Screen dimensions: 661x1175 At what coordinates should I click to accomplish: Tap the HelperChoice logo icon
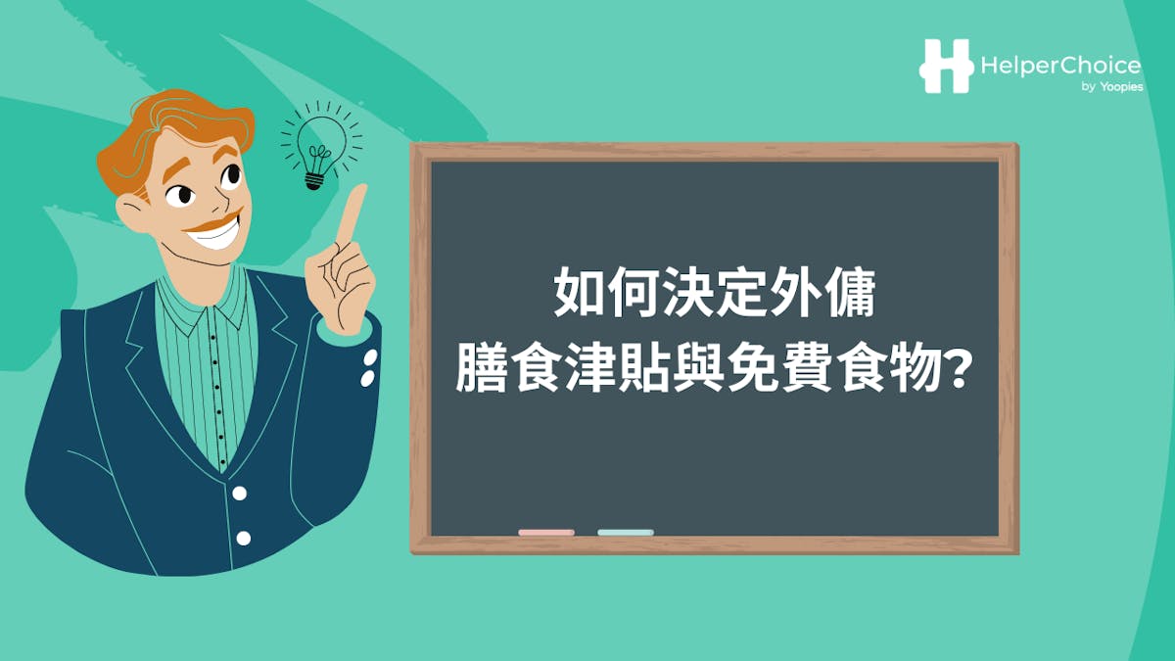pyautogui.click(x=946, y=66)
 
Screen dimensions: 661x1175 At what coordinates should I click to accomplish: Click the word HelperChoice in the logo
pyautogui.click(x=1059, y=66)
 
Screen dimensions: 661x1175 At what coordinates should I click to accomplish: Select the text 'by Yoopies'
pyautogui.click(x=1110, y=88)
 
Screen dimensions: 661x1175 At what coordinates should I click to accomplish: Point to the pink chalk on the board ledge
pyautogui.click(x=546, y=533)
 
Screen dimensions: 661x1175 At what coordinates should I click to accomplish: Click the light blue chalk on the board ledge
pyautogui.click(x=625, y=533)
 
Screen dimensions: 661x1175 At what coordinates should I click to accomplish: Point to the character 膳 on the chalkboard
pyautogui.click(x=479, y=373)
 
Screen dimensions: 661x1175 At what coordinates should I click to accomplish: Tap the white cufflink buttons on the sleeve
pyautogui.click(x=369, y=368)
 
